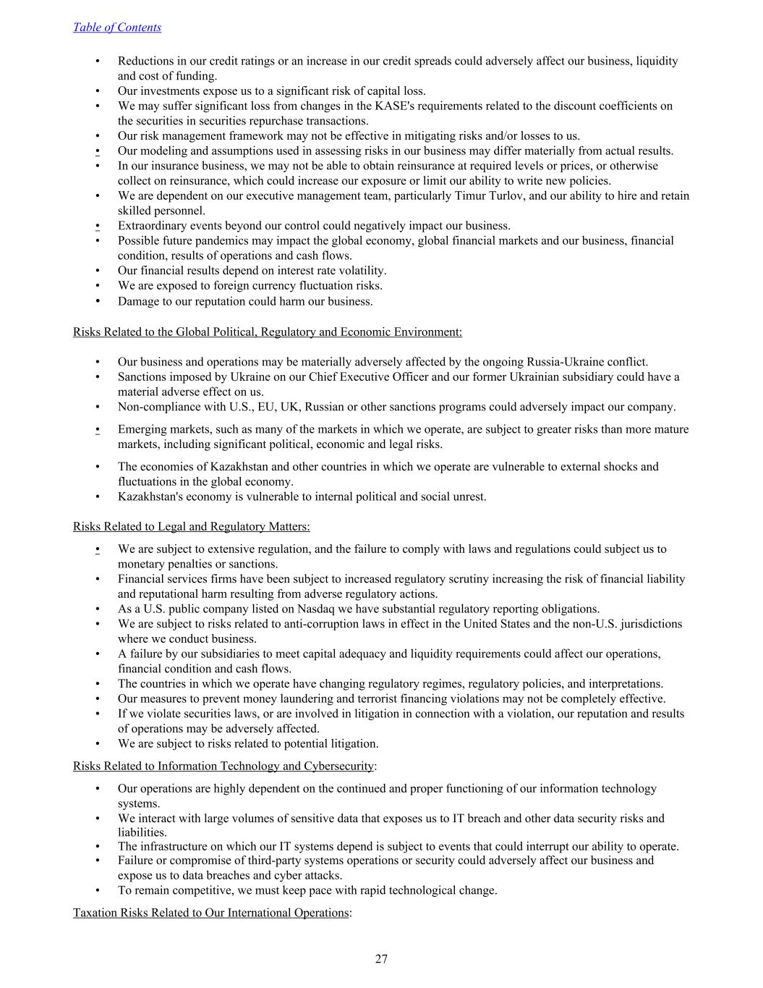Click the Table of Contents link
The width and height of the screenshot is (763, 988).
pos(116,28)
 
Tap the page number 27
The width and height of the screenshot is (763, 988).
pos(381,959)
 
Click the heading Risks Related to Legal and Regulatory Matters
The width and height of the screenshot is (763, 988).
pos(191,527)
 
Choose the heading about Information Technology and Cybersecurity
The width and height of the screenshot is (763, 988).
pos(223,767)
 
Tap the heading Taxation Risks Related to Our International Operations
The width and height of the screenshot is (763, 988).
pos(210,913)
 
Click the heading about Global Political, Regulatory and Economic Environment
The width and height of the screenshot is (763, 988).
pos(267,332)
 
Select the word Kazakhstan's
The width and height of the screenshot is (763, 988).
pos(153,497)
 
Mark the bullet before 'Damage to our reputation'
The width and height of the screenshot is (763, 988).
pos(98,301)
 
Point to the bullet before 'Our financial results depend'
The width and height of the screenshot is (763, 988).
pos(98,271)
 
